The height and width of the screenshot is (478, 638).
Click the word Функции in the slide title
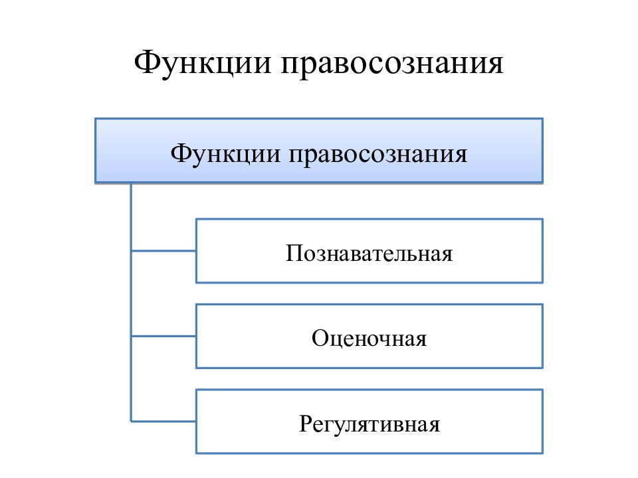(203, 64)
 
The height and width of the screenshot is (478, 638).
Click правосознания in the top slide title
(392, 65)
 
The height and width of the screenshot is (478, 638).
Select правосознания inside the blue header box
(378, 156)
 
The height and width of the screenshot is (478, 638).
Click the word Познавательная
(369, 253)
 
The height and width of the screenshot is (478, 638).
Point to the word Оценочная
(369, 338)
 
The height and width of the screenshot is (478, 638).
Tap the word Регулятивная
(370, 424)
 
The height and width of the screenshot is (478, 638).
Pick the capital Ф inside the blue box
(180, 153)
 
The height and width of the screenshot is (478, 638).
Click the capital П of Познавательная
(294, 253)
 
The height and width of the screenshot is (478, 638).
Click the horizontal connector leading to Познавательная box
(163, 251)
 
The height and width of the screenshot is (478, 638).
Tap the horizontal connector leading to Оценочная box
(163, 336)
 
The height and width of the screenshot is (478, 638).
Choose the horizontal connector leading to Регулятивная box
(163, 422)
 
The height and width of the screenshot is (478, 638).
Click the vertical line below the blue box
(131, 303)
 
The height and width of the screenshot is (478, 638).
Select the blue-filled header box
(319, 151)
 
